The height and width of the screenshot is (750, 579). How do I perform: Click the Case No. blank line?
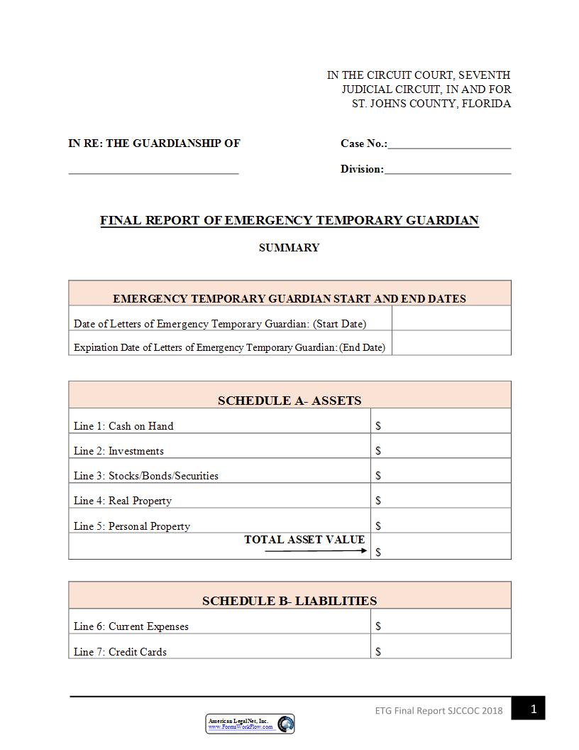449,146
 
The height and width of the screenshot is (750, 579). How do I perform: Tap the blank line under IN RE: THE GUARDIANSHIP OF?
153,171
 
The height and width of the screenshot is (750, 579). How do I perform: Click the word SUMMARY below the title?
289,248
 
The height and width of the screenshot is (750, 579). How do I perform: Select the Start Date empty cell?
451,319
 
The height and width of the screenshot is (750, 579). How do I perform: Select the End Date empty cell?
451,343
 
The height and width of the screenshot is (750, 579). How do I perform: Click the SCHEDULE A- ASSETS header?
289,401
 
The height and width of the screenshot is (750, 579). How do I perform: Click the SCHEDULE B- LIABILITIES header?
289,601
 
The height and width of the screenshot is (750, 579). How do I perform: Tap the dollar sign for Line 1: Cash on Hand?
378,426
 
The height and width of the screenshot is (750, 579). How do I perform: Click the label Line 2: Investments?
118,451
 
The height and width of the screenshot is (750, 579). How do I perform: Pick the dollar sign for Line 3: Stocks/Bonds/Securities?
378,476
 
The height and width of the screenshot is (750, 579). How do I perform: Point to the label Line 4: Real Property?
123,501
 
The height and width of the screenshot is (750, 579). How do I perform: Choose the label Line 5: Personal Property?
132,526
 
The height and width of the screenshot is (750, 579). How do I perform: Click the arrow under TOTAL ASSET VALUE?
316,550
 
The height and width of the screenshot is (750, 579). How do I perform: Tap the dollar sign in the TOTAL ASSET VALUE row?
378,552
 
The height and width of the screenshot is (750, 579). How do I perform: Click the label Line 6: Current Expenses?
131,626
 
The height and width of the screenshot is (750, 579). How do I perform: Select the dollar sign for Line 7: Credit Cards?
378,651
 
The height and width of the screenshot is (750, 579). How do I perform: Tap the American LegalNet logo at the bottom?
250,724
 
